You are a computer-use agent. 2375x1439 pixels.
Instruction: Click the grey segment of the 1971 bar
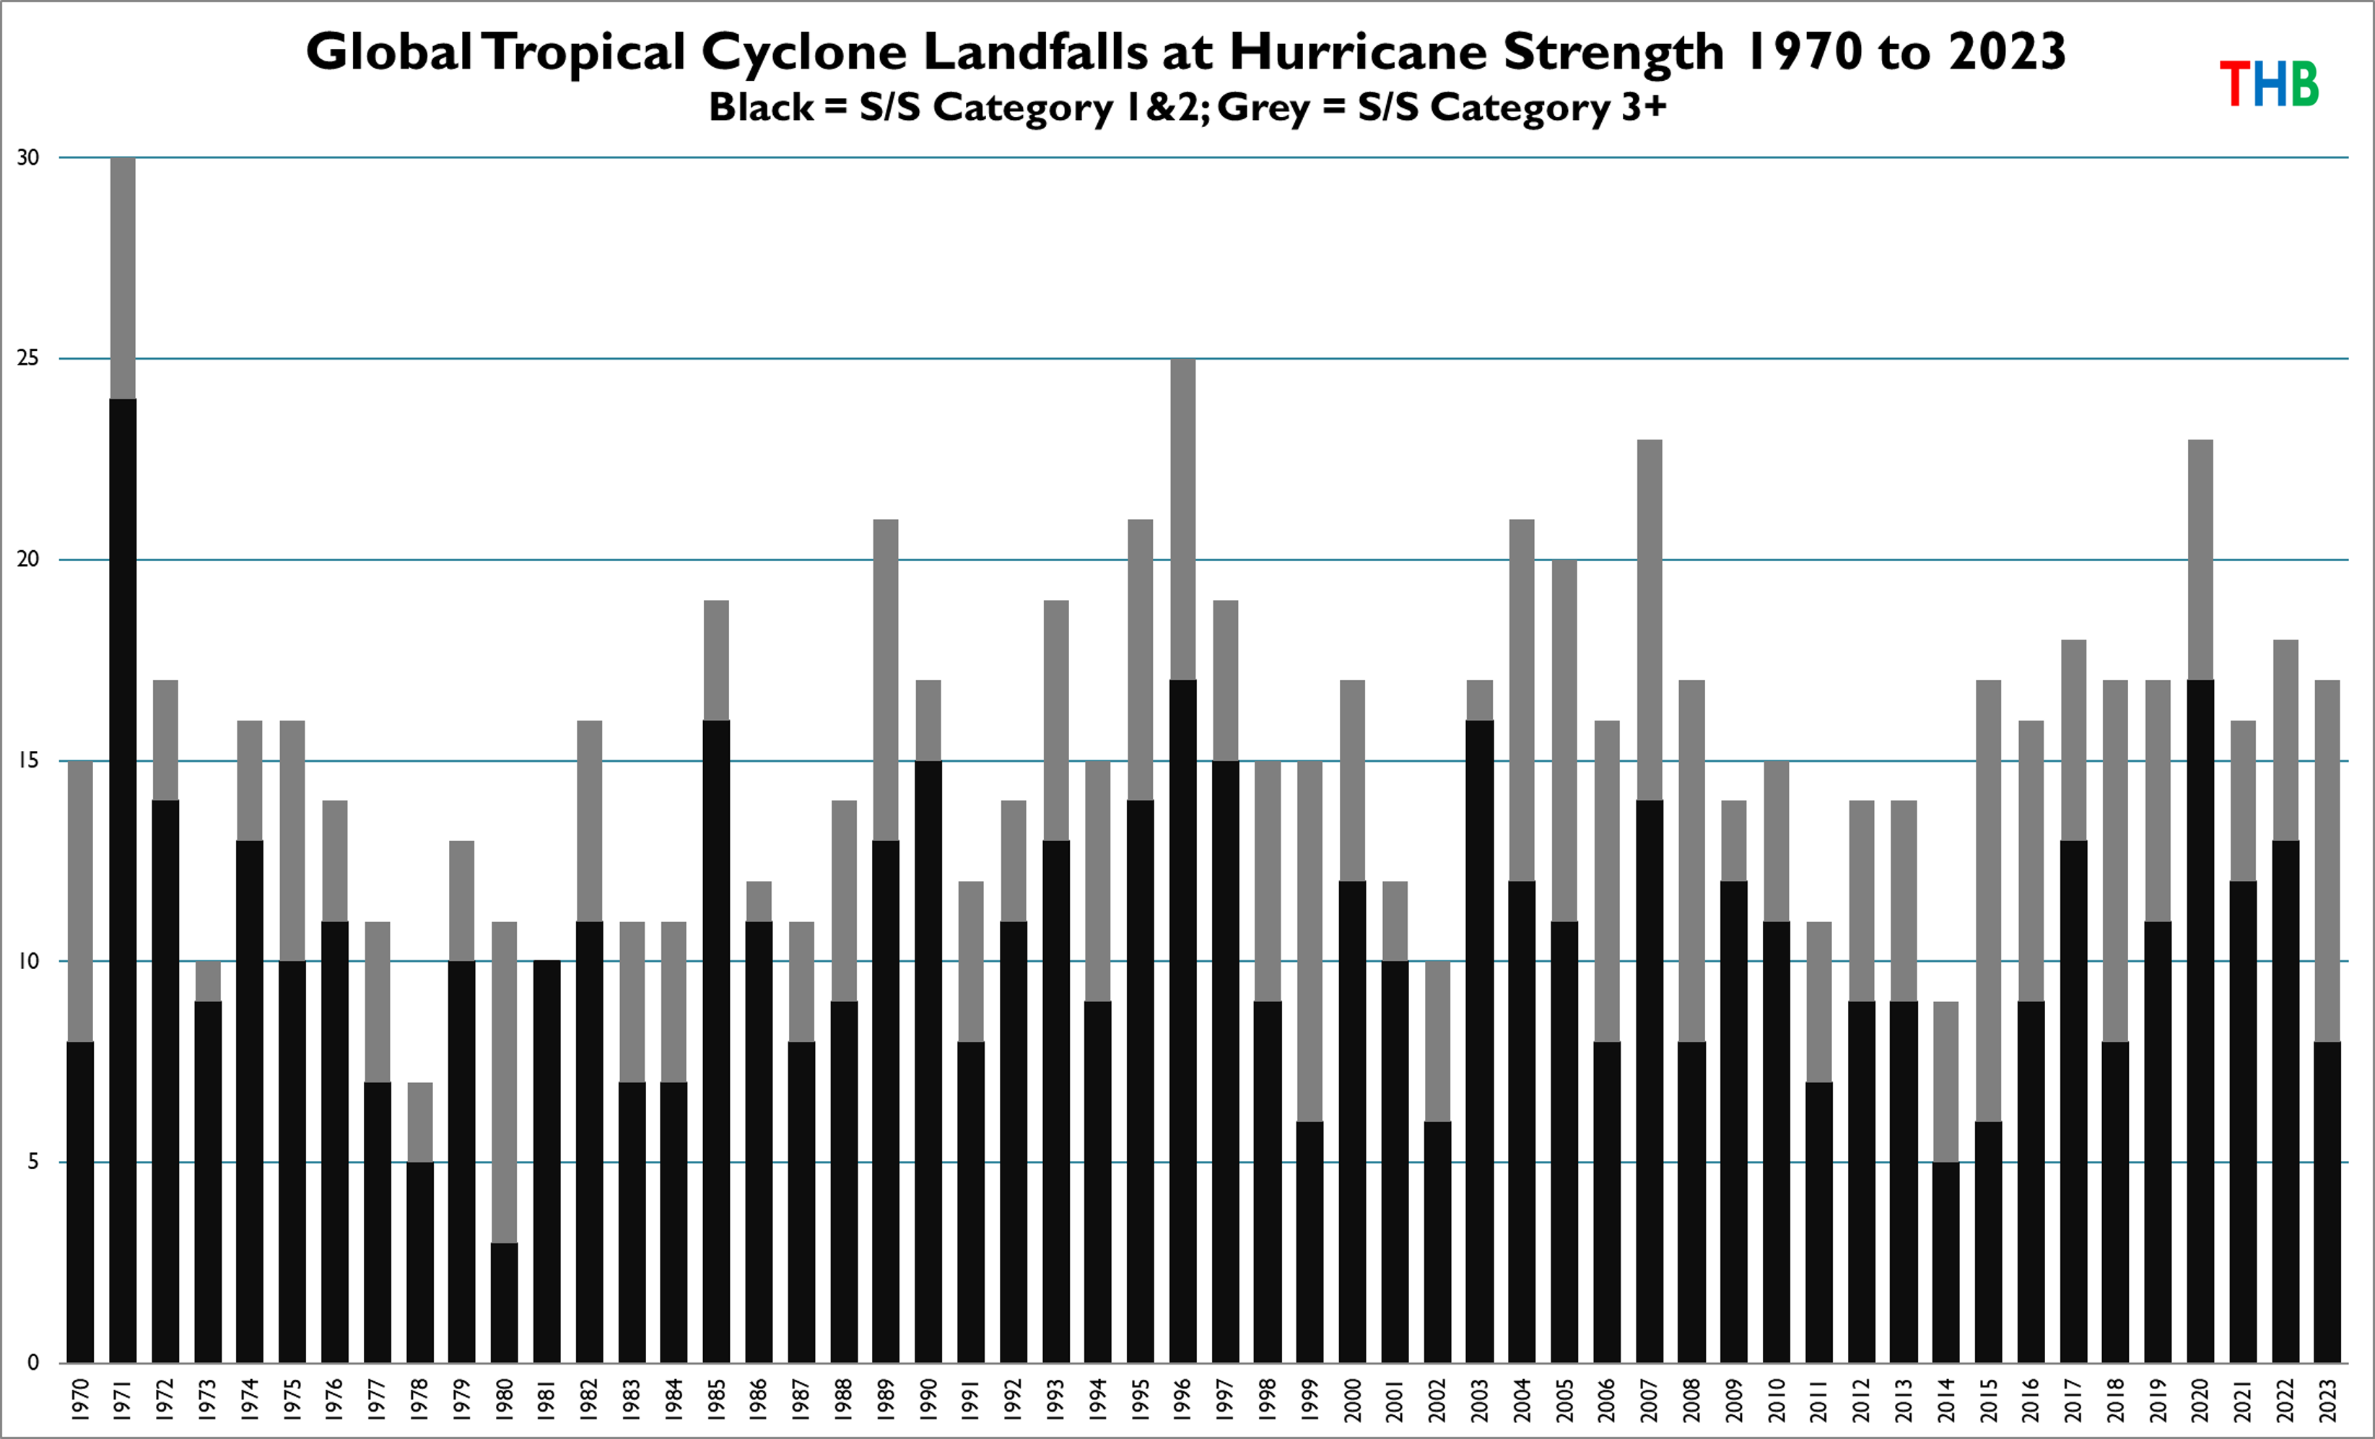coord(123,277)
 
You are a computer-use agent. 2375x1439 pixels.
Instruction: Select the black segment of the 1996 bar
coord(1182,1022)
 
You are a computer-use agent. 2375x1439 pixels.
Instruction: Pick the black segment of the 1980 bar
coord(504,1303)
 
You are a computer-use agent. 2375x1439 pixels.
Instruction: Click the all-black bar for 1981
coord(546,1162)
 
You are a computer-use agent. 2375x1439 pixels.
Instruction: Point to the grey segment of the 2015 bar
coord(1989,901)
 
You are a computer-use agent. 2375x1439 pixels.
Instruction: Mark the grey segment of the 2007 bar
coord(1650,619)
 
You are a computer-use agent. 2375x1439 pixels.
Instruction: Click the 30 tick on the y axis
coord(29,158)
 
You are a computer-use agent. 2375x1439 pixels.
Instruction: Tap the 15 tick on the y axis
coord(29,760)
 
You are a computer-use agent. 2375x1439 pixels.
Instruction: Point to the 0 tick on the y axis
coord(32,1363)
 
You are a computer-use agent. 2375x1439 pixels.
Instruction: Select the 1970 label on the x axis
coord(81,1399)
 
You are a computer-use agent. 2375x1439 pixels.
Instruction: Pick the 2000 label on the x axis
coord(1352,1399)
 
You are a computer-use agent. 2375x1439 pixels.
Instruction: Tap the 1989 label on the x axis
coord(886,1399)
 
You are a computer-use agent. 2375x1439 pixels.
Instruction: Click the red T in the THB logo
coord(2234,84)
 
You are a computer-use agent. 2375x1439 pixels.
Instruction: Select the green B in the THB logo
coord(2304,84)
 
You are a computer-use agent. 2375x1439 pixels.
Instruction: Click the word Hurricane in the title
coord(1357,51)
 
